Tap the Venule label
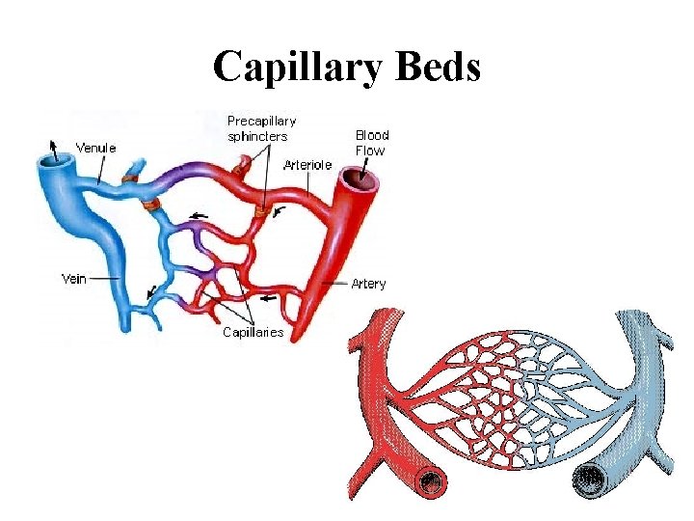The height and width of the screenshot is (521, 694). point(96,149)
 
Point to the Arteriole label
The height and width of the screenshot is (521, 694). point(307,165)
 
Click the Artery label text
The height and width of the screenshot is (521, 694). point(368,284)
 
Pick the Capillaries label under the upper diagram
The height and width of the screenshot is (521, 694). point(253,333)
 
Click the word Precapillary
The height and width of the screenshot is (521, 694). point(261,121)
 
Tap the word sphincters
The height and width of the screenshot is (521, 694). point(257,136)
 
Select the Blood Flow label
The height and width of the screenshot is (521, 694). point(371,143)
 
